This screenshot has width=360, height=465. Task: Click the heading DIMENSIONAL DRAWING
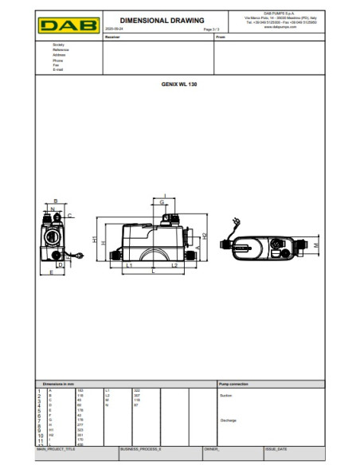(161, 19)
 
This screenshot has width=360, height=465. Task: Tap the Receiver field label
(114, 36)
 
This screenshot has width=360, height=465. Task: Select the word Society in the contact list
(58, 45)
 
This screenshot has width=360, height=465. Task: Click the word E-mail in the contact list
(58, 70)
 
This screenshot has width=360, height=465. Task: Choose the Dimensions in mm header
(59, 384)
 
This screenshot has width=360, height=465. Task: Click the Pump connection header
(233, 384)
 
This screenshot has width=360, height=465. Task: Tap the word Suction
(225, 394)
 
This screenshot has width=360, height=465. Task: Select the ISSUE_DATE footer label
(276, 449)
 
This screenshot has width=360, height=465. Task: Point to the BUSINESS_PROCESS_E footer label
(140, 449)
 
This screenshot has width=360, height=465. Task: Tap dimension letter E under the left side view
(52, 272)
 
